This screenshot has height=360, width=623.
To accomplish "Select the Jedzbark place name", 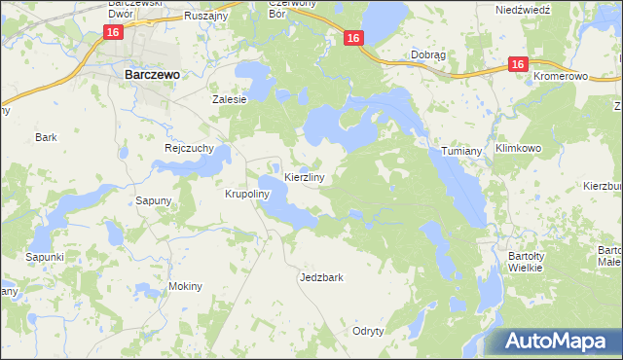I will tap(321, 277).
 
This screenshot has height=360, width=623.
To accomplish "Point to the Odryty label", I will tap(369, 331).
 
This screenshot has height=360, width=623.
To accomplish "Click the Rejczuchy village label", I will tap(188, 149).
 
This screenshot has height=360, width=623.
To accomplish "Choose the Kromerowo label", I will tap(563, 75).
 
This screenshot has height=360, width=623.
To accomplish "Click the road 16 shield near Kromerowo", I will tap(516, 65).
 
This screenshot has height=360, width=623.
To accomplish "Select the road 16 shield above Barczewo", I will tap(114, 33).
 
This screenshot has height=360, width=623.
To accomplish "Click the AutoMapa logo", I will tap(554, 341).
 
